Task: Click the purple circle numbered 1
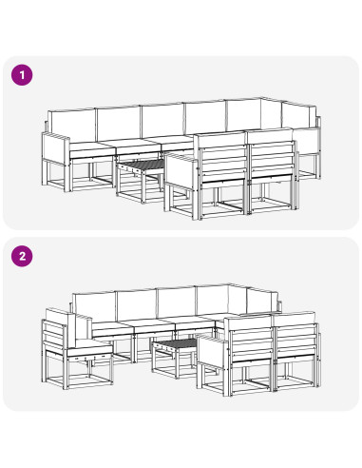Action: pos(22,75)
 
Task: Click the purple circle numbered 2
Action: pos(22,256)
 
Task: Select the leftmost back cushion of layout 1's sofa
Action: pos(72,126)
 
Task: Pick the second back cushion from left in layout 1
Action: pos(119,123)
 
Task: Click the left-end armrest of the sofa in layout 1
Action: pos(55,148)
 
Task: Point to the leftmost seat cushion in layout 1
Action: pos(91,149)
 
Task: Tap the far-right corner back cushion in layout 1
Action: pos(299,116)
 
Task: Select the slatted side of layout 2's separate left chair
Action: pos(53,336)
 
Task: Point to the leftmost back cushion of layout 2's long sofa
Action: pos(94,305)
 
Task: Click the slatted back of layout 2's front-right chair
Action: pos(296,341)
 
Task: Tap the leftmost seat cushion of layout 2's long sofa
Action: pos(111,328)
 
